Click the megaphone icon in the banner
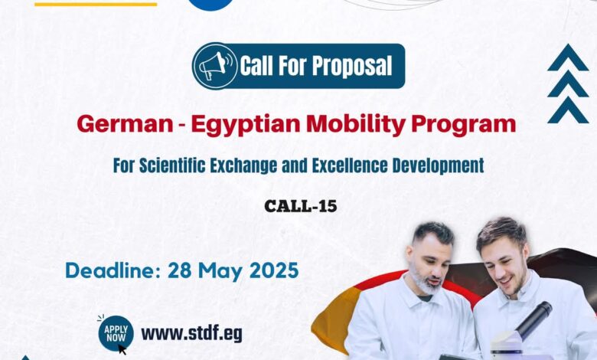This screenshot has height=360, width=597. pos(214,66)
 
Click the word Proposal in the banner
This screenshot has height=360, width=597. pos(352,66)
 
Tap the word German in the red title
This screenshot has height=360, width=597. pos(125,124)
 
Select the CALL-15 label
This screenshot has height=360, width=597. pos(300,206)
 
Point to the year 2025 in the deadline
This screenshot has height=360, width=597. pos(274,270)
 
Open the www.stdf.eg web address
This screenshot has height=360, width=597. pos(191,334)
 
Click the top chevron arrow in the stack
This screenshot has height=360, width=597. pos(568,57)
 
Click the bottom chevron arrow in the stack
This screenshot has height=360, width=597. pos(568,110)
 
